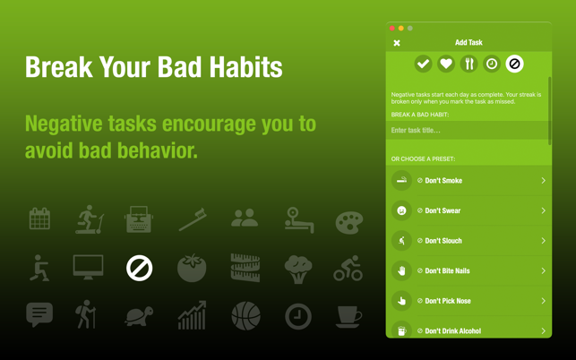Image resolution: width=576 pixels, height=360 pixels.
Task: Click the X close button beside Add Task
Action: point(397,43)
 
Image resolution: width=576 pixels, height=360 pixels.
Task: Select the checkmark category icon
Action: point(423,64)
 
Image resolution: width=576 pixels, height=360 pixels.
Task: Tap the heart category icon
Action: point(446,64)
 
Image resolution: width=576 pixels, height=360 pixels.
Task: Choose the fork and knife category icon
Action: point(469,64)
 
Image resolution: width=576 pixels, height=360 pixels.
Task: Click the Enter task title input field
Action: point(468,130)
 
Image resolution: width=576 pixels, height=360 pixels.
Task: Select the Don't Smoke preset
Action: point(469,180)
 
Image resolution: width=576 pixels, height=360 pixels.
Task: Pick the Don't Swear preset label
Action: point(443,210)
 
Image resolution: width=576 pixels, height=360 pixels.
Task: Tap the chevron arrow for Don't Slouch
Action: point(544,241)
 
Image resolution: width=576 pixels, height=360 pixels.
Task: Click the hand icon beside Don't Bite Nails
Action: point(401,270)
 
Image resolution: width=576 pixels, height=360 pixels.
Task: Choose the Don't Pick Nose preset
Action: point(469,301)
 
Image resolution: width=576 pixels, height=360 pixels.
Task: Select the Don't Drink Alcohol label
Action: point(453,331)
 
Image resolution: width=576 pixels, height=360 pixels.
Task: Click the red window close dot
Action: point(392,29)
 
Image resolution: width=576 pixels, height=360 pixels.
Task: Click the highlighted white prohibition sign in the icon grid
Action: point(139,268)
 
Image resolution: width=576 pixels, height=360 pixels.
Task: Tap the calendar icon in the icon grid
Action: point(39,219)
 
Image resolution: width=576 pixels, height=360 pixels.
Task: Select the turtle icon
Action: point(139,316)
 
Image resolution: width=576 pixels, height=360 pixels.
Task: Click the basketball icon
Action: point(245,316)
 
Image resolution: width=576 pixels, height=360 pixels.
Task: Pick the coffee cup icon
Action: point(348,317)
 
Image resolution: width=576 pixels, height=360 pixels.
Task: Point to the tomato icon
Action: point(192,268)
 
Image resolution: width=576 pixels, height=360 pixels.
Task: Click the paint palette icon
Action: point(349,223)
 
